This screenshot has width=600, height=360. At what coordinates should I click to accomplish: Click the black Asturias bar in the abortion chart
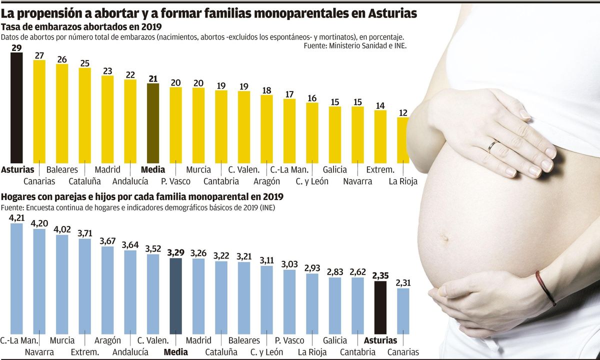(x=16, y=107)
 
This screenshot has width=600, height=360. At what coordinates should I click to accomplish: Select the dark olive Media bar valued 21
(x=153, y=123)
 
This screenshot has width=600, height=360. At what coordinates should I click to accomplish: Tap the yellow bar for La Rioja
(x=402, y=140)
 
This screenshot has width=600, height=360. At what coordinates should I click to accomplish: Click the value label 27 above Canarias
(x=39, y=55)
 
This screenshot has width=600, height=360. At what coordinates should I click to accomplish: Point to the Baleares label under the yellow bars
(x=62, y=169)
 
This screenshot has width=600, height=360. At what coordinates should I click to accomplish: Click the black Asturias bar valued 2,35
(x=380, y=307)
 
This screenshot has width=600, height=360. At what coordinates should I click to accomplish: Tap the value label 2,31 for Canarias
(x=403, y=283)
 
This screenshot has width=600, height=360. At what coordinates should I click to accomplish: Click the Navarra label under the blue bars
(x=39, y=352)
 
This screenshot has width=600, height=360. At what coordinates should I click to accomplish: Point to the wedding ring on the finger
(x=492, y=146)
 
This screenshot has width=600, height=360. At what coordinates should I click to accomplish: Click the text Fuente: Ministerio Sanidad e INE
(x=355, y=45)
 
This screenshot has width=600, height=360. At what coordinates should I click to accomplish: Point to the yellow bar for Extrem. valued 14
(x=380, y=136)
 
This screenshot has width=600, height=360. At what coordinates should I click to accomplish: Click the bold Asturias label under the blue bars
(x=380, y=340)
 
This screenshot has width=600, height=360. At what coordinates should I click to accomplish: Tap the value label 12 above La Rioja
(x=402, y=112)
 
